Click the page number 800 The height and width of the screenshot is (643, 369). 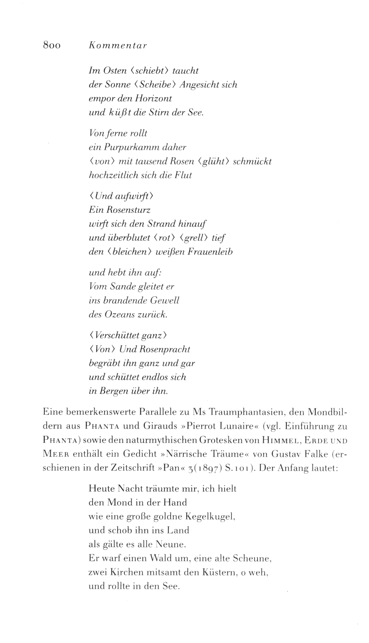tap(52, 45)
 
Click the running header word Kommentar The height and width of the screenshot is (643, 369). tap(118, 45)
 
